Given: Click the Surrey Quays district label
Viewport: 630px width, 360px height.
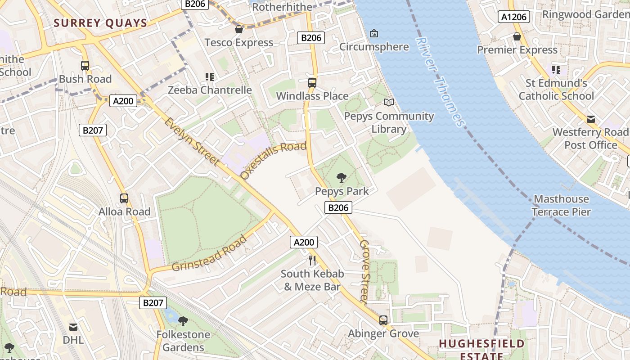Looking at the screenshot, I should coord(101,23).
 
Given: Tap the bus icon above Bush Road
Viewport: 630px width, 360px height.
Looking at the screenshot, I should coord(85,66).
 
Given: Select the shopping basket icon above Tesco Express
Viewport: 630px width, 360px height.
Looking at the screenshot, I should coord(239,29).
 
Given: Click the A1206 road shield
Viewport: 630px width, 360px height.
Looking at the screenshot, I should coord(514,17).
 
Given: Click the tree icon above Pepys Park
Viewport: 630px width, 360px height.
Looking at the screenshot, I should coord(342,178).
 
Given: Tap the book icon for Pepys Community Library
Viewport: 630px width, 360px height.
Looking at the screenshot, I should coord(388,103).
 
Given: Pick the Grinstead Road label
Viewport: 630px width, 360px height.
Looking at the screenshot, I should coord(210,253).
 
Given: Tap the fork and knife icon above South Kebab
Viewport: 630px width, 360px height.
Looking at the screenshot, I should coord(312,260).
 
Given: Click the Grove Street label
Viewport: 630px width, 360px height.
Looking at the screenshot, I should coord(365,271).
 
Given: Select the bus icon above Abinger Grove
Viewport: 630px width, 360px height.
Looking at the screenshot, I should coord(383,320).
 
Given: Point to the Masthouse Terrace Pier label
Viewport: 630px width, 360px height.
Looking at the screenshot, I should coord(561,205).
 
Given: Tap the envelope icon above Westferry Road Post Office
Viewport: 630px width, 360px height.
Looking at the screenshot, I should coord(590,119).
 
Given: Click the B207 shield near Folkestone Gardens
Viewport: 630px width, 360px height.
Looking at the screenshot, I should coord(153,303).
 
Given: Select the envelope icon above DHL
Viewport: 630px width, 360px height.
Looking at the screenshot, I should coord(73,327).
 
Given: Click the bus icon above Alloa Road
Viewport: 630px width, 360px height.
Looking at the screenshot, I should coord(124,198).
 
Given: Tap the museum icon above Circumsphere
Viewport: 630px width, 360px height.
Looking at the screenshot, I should coord(373,33).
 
